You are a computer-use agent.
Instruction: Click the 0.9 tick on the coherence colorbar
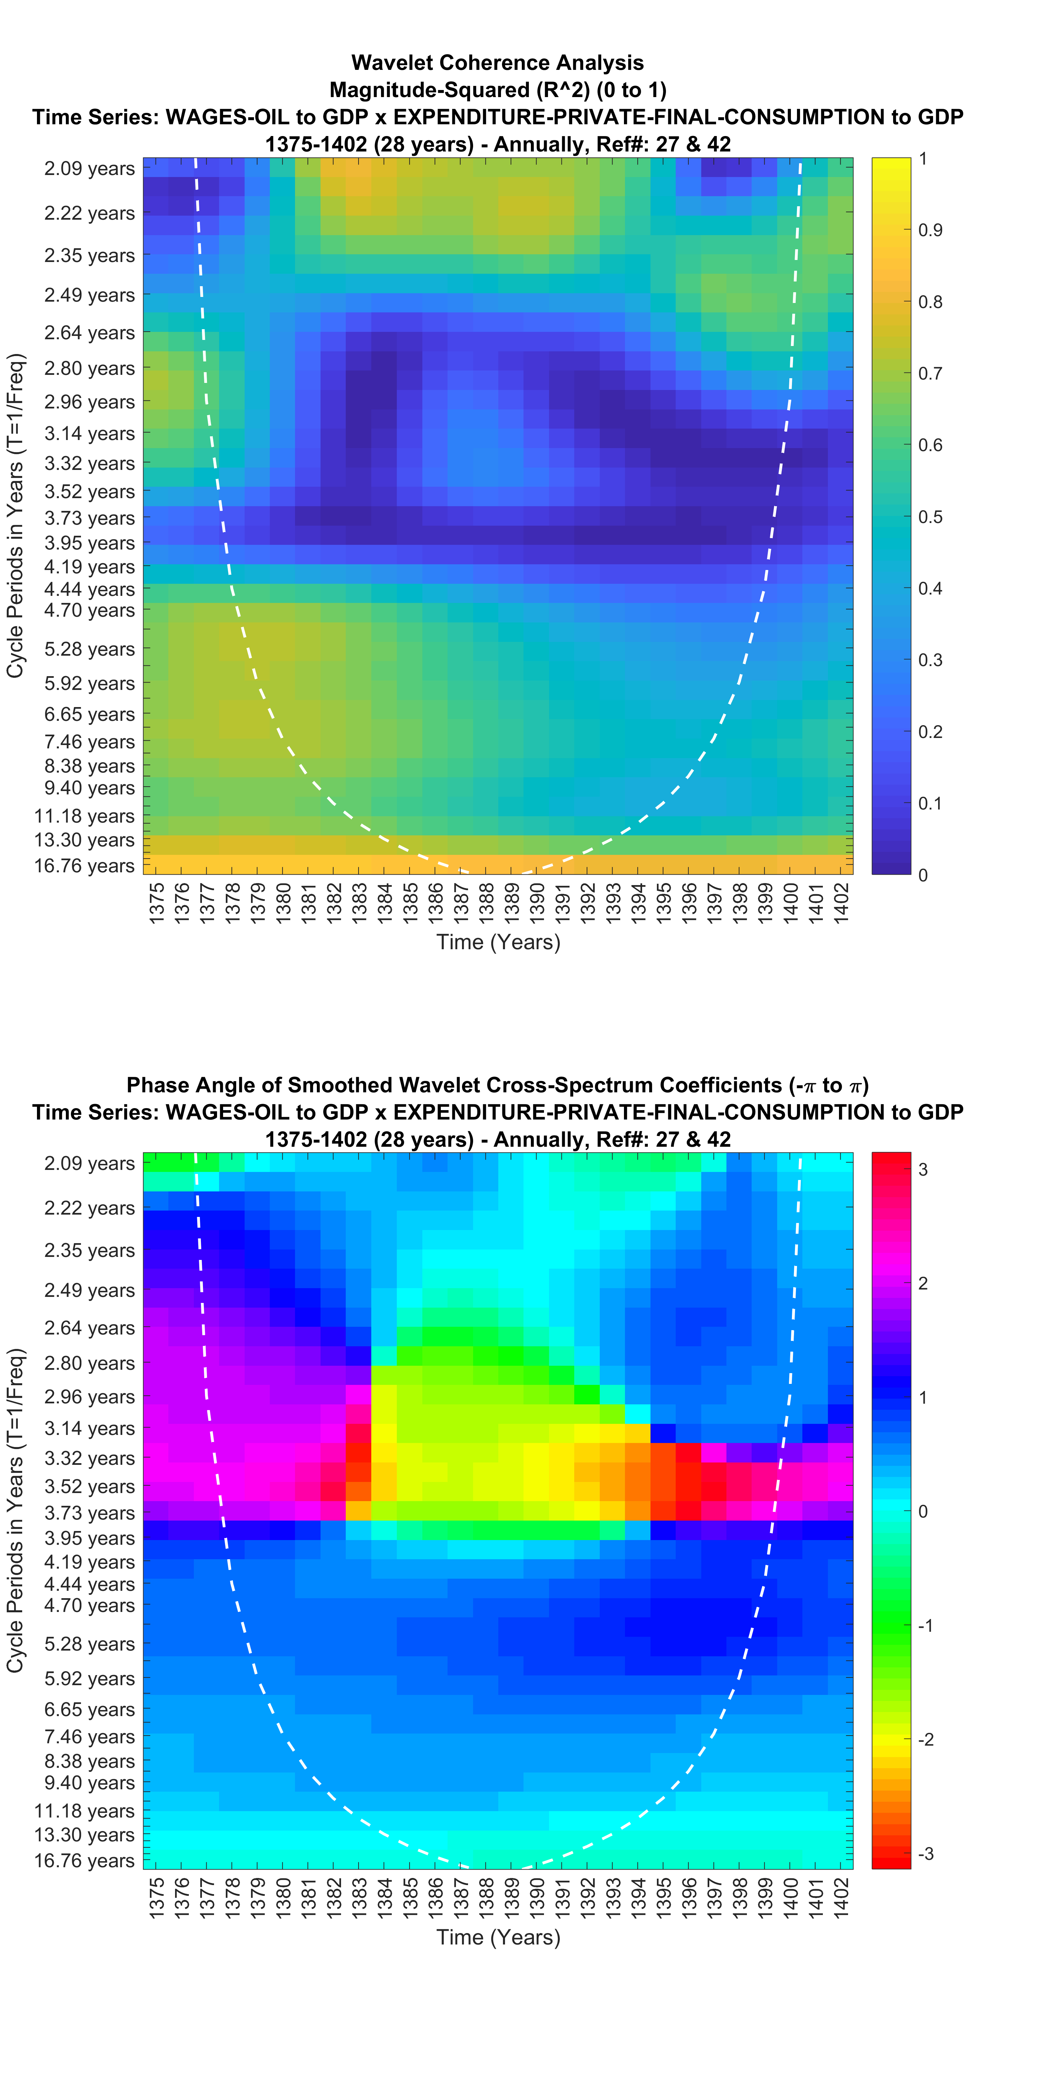pos(930,230)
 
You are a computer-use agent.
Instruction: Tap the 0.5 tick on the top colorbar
pos(930,517)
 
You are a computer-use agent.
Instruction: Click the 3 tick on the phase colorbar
pos(923,1169)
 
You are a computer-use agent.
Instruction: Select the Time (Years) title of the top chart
pos(498,943)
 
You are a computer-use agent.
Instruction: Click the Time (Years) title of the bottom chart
pos(498,1937)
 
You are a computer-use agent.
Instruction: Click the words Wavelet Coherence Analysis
pos(497,63)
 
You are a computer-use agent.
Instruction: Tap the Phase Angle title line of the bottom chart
pos(497,1085)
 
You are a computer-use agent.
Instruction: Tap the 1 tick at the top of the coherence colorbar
pos(923,159)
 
